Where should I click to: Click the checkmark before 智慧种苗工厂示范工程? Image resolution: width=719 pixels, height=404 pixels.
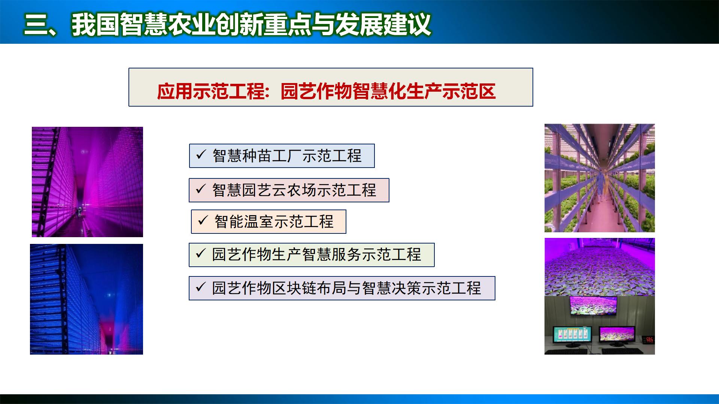(201, 154)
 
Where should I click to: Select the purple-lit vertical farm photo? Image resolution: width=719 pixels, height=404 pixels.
(87, 182)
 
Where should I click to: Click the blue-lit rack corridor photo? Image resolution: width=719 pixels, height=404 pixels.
(87, 299)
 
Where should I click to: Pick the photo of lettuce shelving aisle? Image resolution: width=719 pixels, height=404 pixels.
(599, 178)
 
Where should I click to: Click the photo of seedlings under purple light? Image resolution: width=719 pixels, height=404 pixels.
(599, 266)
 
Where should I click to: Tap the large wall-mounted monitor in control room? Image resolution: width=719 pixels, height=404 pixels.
(593, 306)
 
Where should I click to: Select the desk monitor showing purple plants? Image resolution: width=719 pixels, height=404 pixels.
(616, 334)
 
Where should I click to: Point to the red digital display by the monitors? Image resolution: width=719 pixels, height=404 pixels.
(649, 340)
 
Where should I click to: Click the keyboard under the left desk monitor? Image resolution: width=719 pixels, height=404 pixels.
(571, 351)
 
